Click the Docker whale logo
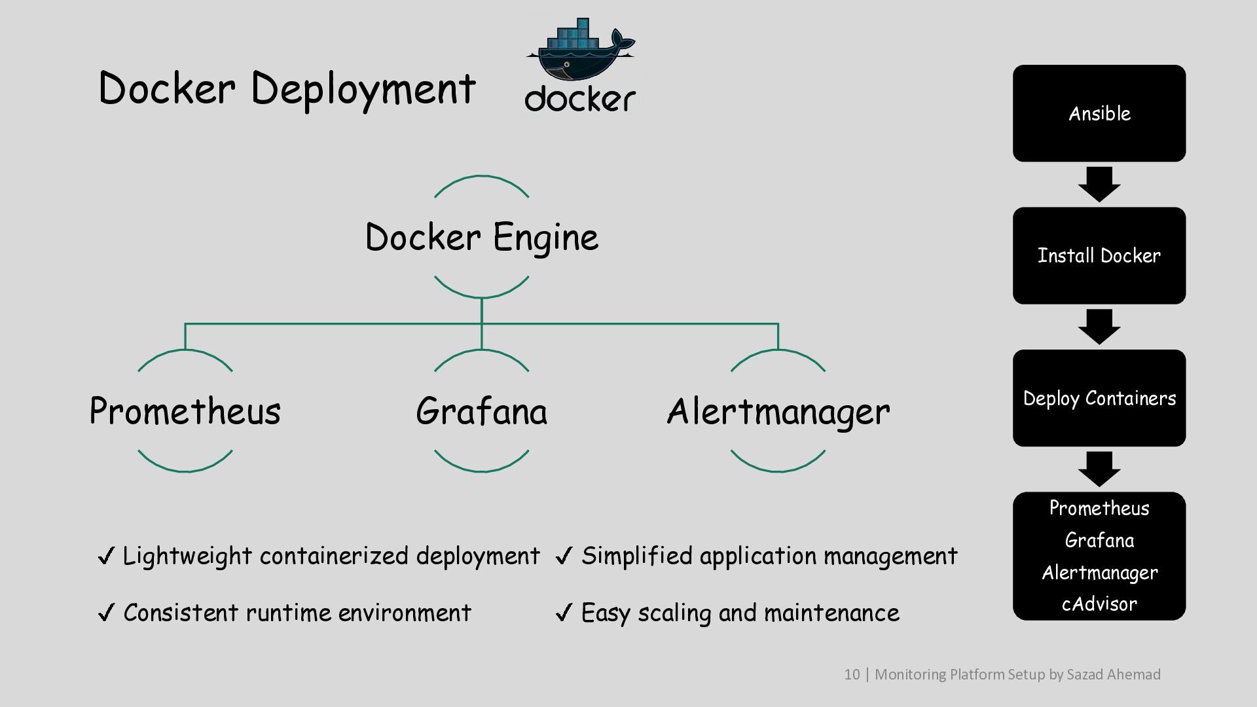point(580,65)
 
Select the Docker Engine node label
point(482,237)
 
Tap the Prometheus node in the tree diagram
point(185,411)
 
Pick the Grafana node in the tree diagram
point(482,411)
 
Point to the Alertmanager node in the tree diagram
point(778,411)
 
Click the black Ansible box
point(1099,113)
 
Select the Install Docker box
point(1099,255)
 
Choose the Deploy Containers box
point(1099,398)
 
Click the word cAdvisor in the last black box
point(1099,604)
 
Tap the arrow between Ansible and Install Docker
point(1099,185)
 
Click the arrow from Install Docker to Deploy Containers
point(1099,327)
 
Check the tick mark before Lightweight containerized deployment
point(106,556)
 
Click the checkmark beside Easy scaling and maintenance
point(564,613)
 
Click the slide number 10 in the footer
point(852,674)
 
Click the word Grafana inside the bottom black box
point(1099,540)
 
